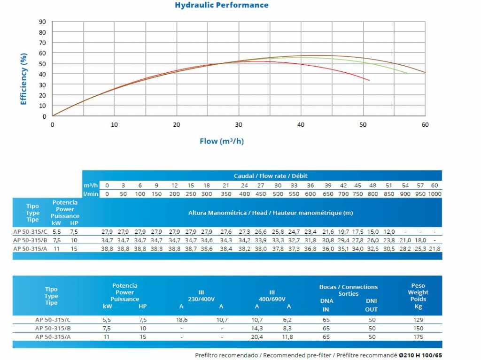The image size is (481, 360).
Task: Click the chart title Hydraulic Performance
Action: [x=222, y=5]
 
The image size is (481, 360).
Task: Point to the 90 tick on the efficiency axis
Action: [x=43, y=22]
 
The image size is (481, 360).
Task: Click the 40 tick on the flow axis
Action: [x=301, y=125]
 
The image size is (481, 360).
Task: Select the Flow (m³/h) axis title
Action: [x=222, y=141]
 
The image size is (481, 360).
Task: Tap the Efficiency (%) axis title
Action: [x=23, y=79]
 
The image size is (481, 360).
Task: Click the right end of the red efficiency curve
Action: [x=369, y=80]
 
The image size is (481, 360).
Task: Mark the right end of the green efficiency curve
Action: [x=407, y=73]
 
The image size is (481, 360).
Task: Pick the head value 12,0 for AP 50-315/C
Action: [x=389, y=232]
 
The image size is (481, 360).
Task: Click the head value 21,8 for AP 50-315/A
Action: [x=434, y=249]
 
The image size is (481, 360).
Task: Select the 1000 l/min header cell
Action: [x=434, y=194]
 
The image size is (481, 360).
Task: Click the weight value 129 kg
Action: [x=418, y=320]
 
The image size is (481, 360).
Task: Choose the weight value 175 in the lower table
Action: [x=418, y=337]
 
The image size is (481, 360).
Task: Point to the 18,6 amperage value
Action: [x=181, y=320]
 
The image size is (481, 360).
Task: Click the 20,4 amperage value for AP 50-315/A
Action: [x=256, y=337]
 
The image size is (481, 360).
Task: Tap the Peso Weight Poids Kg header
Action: [x=418, y=296]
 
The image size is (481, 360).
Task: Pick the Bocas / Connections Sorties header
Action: [x=348, y=290]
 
